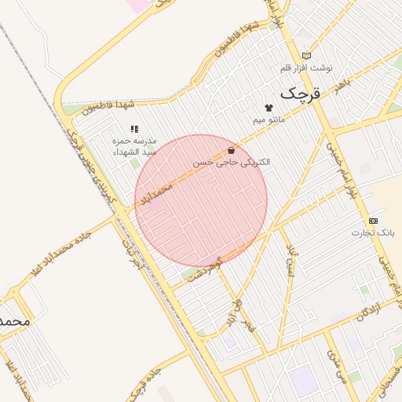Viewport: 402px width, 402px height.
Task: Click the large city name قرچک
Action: (x=301, y=93)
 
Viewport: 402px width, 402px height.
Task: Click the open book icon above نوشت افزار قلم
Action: (x=306, y=55)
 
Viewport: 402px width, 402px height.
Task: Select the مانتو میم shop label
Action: (x=269, y=119)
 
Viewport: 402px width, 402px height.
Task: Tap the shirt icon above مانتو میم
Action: (x=269, y=108)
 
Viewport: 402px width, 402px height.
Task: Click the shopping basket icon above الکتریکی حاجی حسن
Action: (x=231, y=150)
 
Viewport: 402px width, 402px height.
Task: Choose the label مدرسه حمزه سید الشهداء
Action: (x=135, y=145)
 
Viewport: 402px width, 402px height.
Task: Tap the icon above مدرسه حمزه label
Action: (x=134, y=128)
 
